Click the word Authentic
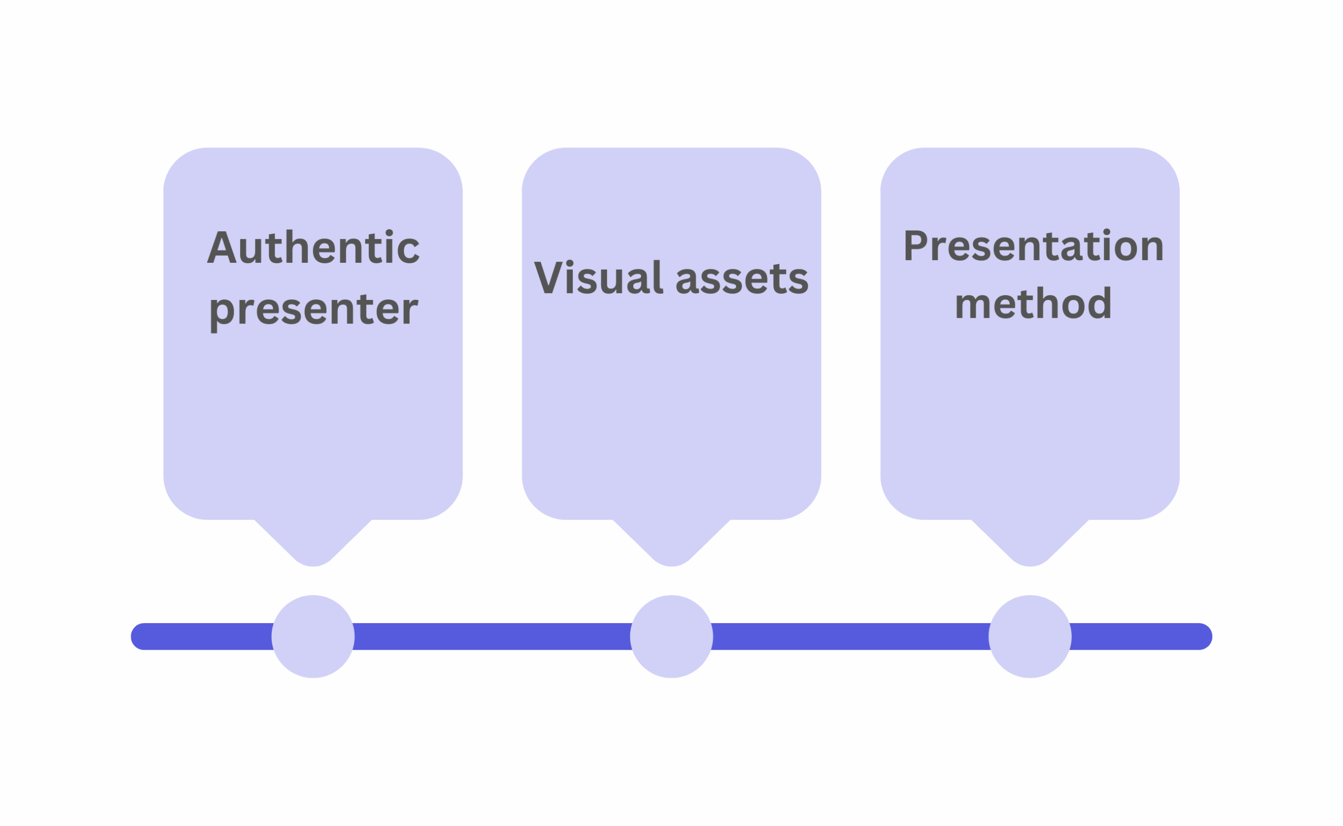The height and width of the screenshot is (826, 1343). click(313, 248)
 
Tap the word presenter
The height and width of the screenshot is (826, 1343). click(313, 310)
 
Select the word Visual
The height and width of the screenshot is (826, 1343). click(598, 277)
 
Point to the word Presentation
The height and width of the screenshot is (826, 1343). click(1033, 246)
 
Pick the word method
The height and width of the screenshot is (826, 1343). click(1033, 304)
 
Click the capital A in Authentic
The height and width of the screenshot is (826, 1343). click(222, 248)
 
